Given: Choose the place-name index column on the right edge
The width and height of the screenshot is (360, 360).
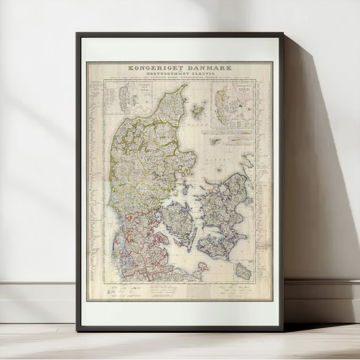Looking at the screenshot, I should click(x=266, y=177).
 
